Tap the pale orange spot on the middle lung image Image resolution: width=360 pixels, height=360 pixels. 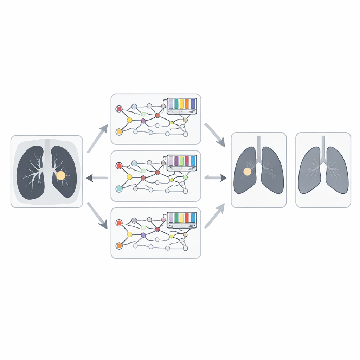click(x=247, y=172)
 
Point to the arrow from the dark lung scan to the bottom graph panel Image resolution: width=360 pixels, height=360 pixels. click(x=97, y=215)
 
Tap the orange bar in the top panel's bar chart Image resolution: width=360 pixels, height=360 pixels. click(x=187, y=104)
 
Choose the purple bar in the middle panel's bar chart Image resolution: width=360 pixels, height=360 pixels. click(x=176, y=161)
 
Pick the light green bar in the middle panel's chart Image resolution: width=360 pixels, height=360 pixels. click(x=182, y=161)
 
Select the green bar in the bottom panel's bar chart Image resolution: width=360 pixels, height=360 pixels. click(x=176, y=218)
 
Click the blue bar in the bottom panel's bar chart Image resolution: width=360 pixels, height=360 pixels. click(x=193, y=218)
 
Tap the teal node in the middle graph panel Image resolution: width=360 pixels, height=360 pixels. click(x=119, y=189)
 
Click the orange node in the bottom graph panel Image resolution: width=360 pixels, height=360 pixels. click(x=119, y=246)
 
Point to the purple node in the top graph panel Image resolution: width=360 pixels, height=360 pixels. click(x=143, y=121)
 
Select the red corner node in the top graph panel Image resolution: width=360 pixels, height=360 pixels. click(x=119, y=109)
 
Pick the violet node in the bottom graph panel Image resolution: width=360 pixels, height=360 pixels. click(x=143, y=235)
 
